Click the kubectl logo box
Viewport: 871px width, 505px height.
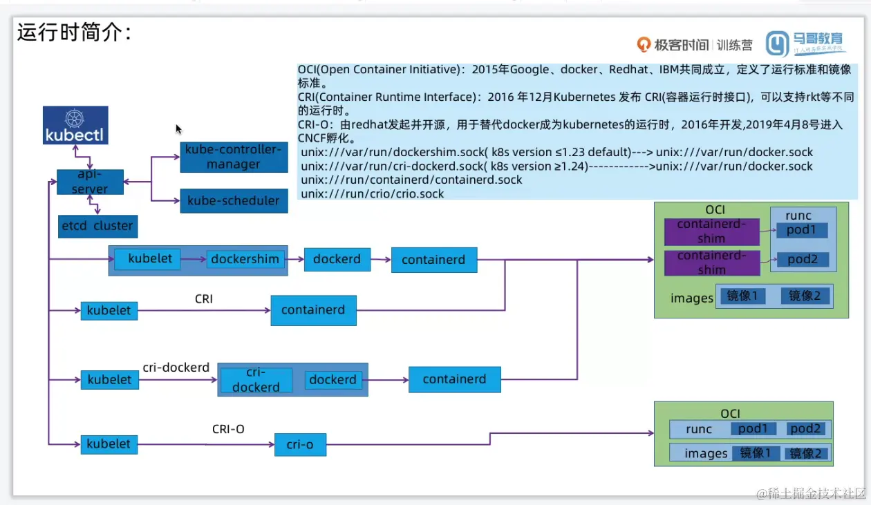(75, 125)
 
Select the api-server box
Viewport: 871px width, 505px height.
(91, 182)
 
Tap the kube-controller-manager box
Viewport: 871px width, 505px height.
(234, 157)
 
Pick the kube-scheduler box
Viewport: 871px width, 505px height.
(234, 201)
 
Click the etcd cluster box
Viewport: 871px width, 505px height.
(97, 226)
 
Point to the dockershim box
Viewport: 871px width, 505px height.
(245, 260)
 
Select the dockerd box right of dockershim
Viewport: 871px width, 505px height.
(337, 260)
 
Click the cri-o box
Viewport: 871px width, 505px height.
(300, 444)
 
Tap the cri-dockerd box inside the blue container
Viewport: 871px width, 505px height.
(256, 380)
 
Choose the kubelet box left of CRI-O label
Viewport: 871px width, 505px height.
(109, 444)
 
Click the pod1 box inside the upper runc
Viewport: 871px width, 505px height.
(801, 230)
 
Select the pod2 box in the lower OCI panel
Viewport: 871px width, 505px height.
(806, 429)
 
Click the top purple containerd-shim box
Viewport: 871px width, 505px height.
(711, 231)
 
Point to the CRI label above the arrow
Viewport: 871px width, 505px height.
(204, 298)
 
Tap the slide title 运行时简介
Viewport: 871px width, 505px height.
(74, 32)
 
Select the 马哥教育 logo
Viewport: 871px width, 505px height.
(806, 44)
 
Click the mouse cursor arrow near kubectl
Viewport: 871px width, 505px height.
(179, 129)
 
